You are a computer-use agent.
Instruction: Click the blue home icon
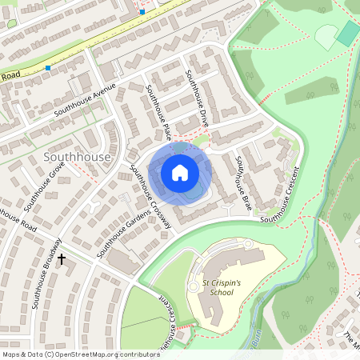click(x=180, y=173)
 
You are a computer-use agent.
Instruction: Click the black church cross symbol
click(x=62, y=259)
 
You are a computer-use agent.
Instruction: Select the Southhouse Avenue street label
click(x=86, y=100)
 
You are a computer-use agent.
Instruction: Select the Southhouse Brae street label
click(x=242, y=183)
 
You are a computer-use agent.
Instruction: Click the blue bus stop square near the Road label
click(x=48, y=68)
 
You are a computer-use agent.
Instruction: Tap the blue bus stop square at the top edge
click(x=142, y=11)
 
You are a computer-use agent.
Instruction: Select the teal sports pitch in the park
click(x=348, y=32)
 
